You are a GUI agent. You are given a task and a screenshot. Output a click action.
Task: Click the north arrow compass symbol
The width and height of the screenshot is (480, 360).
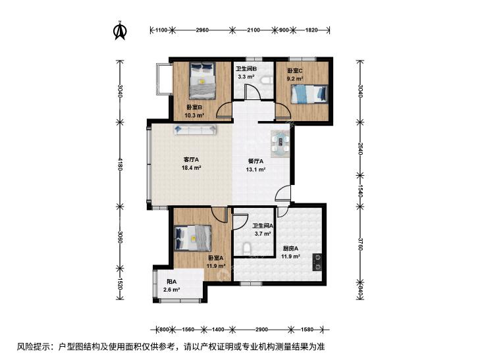pos(120,30)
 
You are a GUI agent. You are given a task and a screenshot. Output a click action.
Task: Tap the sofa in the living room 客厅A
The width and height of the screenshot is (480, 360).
pos(196,130)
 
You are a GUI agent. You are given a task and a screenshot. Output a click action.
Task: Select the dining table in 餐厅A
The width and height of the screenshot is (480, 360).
pos(280,143)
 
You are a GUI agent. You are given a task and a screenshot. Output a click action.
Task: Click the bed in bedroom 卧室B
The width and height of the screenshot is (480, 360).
pos(201,80)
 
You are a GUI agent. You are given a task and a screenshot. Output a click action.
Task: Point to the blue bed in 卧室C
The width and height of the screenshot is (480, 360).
pos(309,94)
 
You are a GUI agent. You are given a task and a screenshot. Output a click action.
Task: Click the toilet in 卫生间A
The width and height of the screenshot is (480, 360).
pos(247,249)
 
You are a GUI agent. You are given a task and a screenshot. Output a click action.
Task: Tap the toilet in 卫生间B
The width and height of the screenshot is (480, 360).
pos(267,80)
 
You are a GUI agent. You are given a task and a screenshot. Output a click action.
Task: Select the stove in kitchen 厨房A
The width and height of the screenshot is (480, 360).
pos(317,263)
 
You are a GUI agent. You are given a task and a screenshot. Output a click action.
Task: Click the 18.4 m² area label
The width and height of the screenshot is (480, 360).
pos(191,168)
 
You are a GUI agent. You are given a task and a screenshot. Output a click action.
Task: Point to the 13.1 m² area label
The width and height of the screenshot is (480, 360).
pos(255,169)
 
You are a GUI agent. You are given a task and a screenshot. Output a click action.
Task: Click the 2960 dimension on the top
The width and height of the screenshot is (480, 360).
pos(202,30)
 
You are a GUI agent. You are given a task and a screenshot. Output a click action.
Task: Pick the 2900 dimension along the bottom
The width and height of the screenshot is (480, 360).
pos(261,330)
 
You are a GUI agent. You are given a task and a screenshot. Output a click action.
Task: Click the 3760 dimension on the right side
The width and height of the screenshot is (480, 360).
pos(361,244)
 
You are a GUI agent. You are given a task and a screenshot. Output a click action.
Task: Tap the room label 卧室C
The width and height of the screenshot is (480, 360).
pos(294,70)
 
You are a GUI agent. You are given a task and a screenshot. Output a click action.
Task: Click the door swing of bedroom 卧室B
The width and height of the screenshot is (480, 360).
pos(224,110)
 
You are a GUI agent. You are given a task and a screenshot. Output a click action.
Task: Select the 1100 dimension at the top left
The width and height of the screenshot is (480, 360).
pos(161,30)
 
